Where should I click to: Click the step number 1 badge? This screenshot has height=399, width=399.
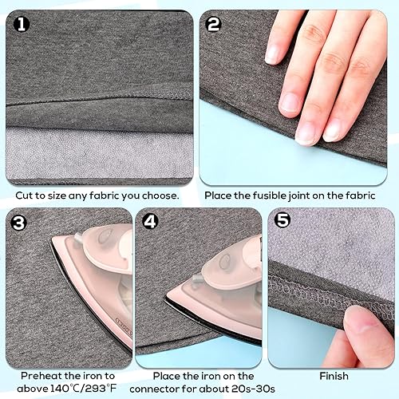point(22,24)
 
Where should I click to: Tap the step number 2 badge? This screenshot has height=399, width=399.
point(213,24)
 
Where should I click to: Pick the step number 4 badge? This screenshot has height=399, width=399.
point(151,222)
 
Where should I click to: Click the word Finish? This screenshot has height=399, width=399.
point(334,375)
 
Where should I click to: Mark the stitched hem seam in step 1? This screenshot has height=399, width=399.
point(96,104)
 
